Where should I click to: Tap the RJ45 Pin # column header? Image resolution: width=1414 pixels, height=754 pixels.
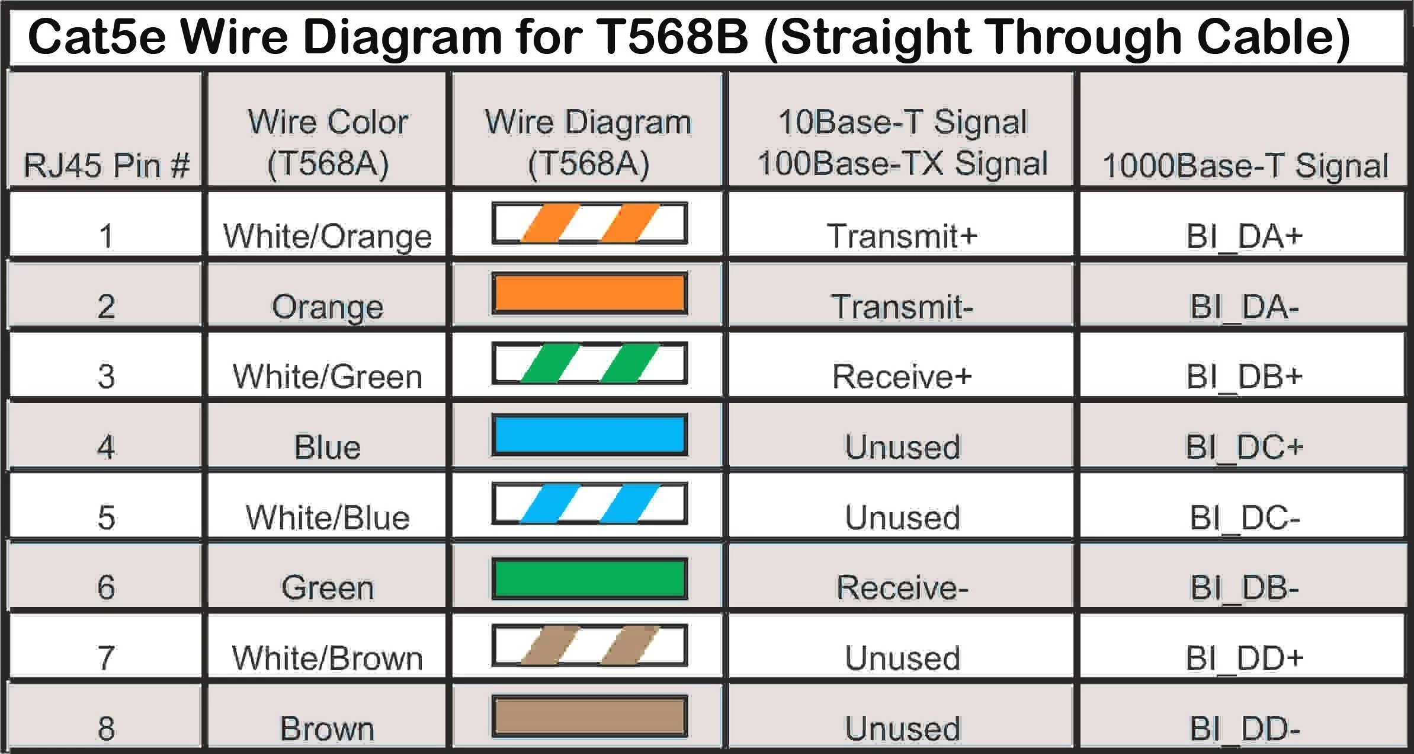(106, 164)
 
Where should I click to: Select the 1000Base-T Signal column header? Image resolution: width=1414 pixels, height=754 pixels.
(1245, 165)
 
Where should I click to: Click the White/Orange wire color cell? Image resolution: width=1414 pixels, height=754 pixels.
(327, 236)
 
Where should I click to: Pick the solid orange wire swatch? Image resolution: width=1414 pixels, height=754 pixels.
(589, 293)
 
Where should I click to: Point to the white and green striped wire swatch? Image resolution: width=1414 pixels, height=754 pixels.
(589, 363)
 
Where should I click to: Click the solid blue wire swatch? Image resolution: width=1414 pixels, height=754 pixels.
(589, 434)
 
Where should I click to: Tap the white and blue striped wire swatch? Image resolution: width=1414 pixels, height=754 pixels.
(589, 504)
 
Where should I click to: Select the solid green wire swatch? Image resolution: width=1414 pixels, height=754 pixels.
(589, 578)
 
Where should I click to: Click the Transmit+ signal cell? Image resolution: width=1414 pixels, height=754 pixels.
(901, 236)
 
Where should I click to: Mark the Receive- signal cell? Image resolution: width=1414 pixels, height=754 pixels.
(901, 587)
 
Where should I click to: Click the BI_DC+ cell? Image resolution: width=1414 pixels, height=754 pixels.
(1244, 447)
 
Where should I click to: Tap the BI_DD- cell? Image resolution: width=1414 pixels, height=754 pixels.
(1244, 729)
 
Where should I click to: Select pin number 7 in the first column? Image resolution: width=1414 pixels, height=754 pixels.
(106, 658)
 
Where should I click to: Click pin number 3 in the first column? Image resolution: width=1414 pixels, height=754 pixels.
(106, 376)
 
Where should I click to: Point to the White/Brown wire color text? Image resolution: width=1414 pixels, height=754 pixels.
(327, 658)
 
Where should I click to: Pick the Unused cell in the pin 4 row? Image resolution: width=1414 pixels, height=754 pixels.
(902, 447)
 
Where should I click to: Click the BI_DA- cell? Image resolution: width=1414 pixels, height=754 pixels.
(1244, 306)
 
